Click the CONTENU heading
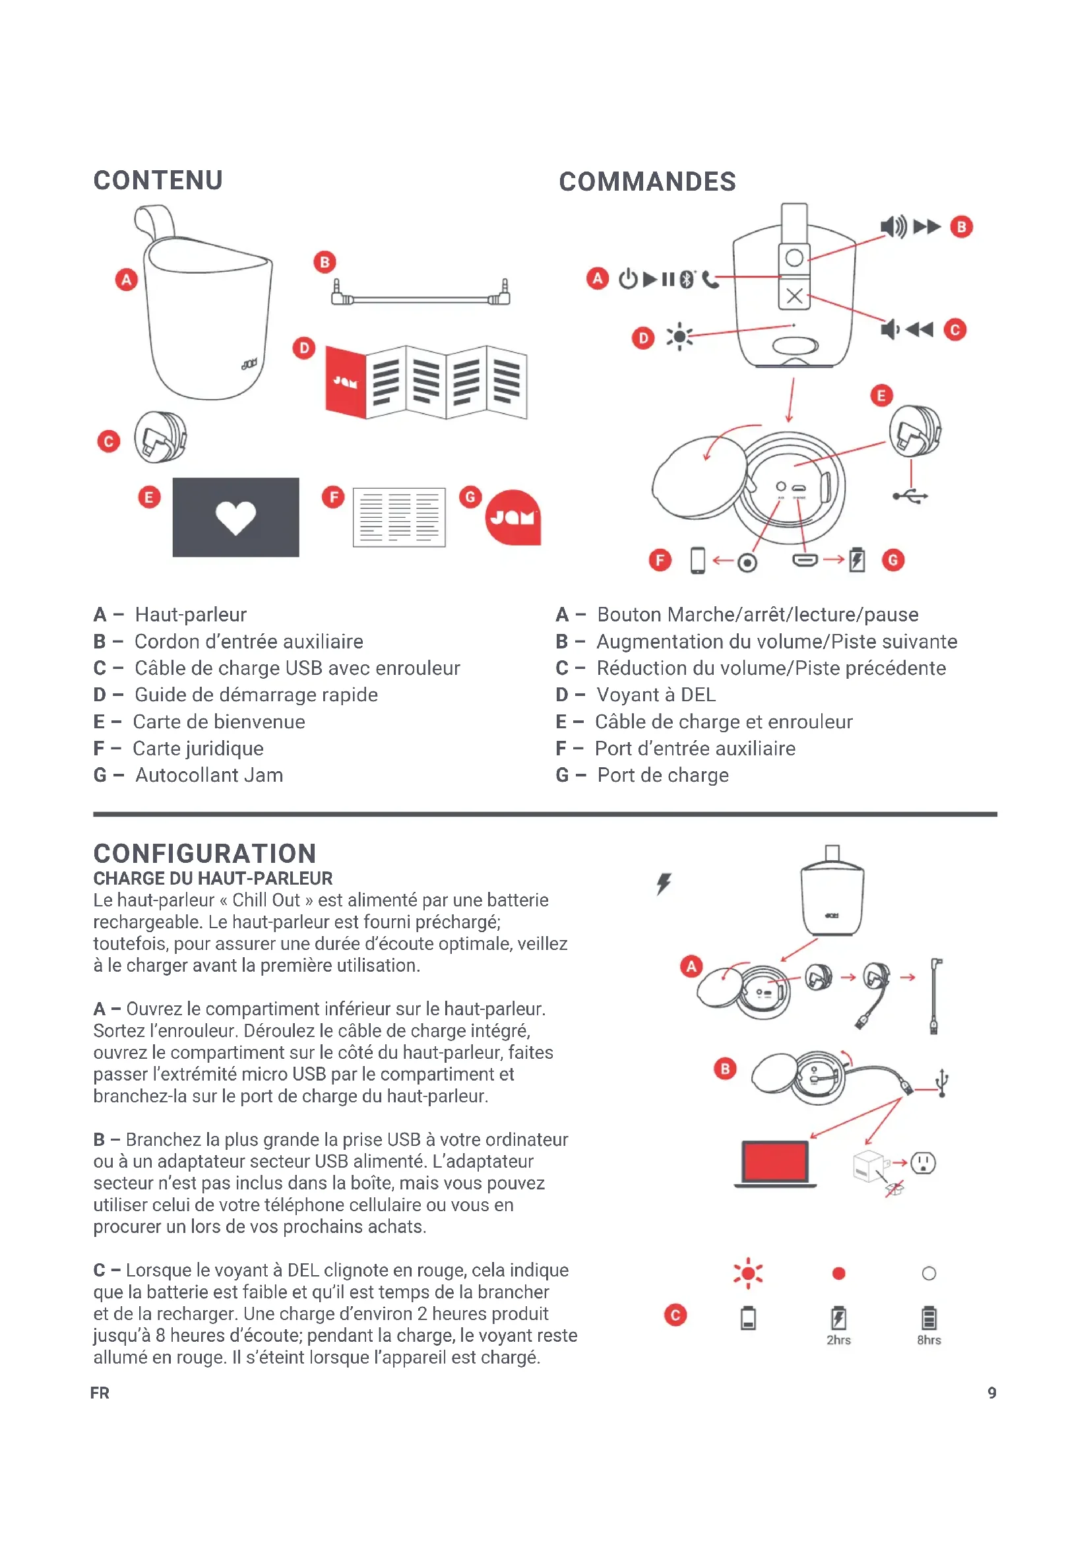pyautogui.click(x=158, y=180)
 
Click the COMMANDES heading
pyautogui.click(x=647, y=181)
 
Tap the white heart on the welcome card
pyautogui.click(x=235, y=517)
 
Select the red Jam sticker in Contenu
pyautogui.click(x=513, y=517)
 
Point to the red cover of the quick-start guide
pyautogui.click(x=345, y=382)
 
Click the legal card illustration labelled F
pyautogui.click(x=399, y=517)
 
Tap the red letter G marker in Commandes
pyautogui.click(x=893, y=560)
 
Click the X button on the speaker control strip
pyautogui.click(x=794, y=296)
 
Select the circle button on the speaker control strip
pyautogui.click(x=794, y=257)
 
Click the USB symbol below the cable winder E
pyautogui.click(x=911, y=497)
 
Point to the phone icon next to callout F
pyautogui.click(x=698, y=561)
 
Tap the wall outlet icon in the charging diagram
pyautogui.click(x=923, y=1162)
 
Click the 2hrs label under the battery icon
pyautogui.click(x=838, y=1340)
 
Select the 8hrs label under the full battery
pyautogui.click(x=929, y=1340)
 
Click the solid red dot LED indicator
pyautogui.click(x=838, y=1273)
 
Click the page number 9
pyautogui.click(x=991, y=1393)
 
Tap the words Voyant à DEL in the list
pyautogui.click(x=656, y=695)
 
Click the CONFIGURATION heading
pyautogui.click(x=204, y=854)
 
